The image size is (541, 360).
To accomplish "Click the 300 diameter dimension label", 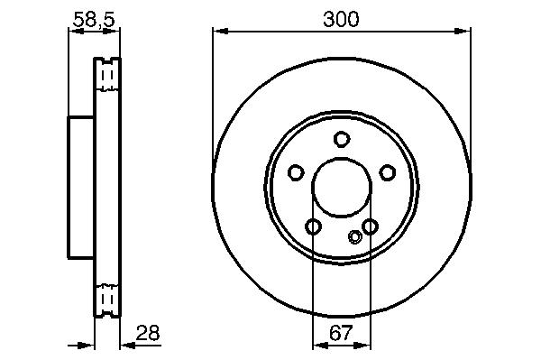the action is pos(341,19).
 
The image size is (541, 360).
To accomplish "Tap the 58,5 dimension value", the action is pos(94,19).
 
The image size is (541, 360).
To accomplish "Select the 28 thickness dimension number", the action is pos(148,333).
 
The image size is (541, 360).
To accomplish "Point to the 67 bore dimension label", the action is pos(341,333).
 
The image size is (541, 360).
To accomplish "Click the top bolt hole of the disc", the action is pos(342,140).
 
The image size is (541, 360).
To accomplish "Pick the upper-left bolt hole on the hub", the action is pos(296,172).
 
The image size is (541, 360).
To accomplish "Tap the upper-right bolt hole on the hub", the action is pos(388,172).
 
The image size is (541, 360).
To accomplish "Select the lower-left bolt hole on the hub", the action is pos(313,226).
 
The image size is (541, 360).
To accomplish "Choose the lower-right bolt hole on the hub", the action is pos(370,226).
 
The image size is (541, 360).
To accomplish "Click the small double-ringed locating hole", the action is pos(355,236).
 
